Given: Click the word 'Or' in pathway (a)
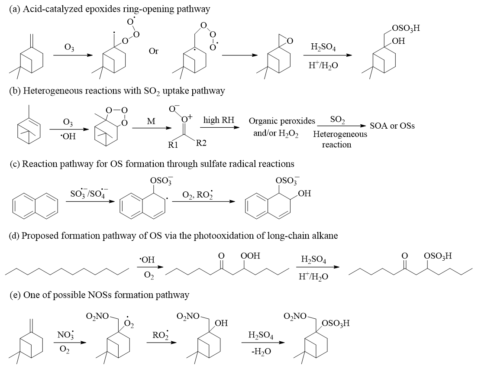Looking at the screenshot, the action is [153, 51].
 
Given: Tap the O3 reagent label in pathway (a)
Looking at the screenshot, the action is [69, 48].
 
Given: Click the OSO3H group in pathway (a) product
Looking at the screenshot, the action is [406, 28].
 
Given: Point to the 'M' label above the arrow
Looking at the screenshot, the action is [151, 121].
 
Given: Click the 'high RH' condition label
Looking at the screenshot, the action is [219, 120].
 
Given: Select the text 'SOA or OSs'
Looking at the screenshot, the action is [392, 126].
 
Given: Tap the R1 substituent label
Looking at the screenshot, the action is [173, 145].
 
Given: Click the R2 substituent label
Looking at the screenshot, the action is [201, 143].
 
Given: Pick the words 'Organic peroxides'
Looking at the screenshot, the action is [282, 121].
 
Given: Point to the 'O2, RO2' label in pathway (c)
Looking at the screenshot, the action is [197, 194].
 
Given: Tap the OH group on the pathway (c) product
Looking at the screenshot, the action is [304, 193].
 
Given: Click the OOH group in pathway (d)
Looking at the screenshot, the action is [250, 256].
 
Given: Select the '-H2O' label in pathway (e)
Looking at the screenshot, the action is [261, 352].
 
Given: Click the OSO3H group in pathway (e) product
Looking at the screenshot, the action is [336, 323].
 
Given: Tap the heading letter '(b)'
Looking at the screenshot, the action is [15, 91].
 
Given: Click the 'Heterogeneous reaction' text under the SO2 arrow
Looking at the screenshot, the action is [340, 139].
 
